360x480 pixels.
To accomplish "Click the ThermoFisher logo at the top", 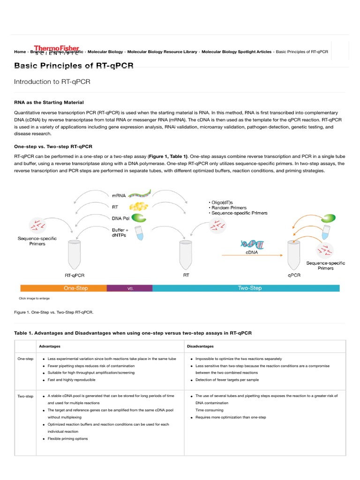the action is [57, 49].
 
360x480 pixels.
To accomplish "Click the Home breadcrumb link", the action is [20, 52].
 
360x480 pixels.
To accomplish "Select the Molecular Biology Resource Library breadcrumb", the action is [162, 52].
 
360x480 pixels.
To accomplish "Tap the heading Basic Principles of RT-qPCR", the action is [74, 66].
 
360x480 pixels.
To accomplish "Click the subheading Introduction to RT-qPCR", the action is [52, 82].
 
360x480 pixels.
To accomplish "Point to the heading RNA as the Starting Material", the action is [49, 102].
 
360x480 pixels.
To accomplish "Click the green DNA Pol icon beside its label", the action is [138, 217].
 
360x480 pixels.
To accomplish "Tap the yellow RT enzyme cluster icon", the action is [138, 205].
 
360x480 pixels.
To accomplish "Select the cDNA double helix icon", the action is [252, 244].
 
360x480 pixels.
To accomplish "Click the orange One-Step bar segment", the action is [63, 288].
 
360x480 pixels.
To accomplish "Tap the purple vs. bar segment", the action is [130, 288].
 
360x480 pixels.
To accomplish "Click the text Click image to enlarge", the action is [34, 299].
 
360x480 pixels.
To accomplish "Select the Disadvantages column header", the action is [201, 346].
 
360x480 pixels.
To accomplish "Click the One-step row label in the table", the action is [25, 359].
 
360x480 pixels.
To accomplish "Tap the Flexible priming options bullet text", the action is [67, 439].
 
